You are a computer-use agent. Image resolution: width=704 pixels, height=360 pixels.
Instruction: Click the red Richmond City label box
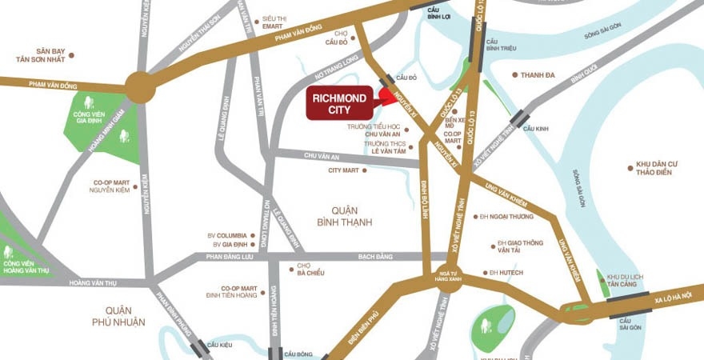[338, 102]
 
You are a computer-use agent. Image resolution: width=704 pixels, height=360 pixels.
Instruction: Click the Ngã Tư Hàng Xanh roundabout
[450, 274]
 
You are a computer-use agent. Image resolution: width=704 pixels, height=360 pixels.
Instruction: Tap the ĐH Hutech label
[506, 273]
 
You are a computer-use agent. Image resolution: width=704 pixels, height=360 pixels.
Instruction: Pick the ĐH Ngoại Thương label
[510, 216]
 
